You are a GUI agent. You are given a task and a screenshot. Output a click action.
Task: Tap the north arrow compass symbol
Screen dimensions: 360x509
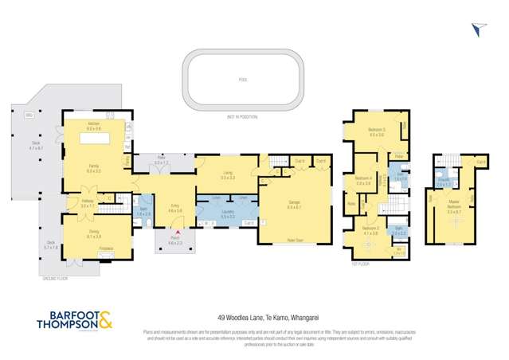click(x=476, y=29)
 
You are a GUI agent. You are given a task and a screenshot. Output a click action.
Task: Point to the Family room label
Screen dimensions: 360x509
click(x=92, y=168)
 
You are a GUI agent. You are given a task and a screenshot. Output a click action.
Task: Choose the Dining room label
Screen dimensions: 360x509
click(x=93, y=235)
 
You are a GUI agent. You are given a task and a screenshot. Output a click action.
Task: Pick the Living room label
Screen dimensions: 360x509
click(x=227, y=175)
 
